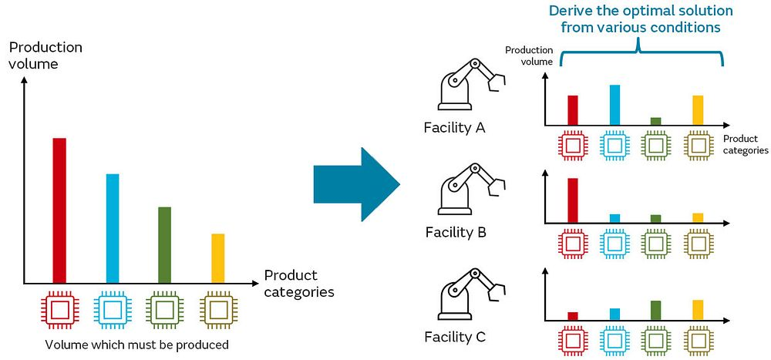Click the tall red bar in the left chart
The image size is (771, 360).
pyautogui.click(x=59, y=210)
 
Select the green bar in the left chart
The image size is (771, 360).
pyautogui.click(x=165, y=245)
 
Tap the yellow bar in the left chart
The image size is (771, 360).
pyautogui.click(x=218, y=258)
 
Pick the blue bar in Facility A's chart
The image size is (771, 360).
pyautogui.click(x=614, y=105)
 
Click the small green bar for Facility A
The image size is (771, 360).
pyautogui.click(x=656, y=121)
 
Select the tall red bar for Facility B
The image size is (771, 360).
pyautogui.click(x=573, y=200)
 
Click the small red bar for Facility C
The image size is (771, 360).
pyautogui.click(x=573, y=316)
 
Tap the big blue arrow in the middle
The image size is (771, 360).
pyautogui.click(x=356, y=184)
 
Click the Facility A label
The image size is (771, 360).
pyautogui.click(x=455, y=129)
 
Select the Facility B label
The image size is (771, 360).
pyautogui.click(x=456, y=231)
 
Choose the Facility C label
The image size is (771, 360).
pyautogui.click(x=455, y=337)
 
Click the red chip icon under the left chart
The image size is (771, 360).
pyautogui.click(x=59, y=310)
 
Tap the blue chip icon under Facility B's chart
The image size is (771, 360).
pyautogui.click(x=614, y=244)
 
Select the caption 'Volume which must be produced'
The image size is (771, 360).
pyautogui.click(x=136, y=345)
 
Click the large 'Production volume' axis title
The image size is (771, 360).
pyautogui.click(x=45, y=56)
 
